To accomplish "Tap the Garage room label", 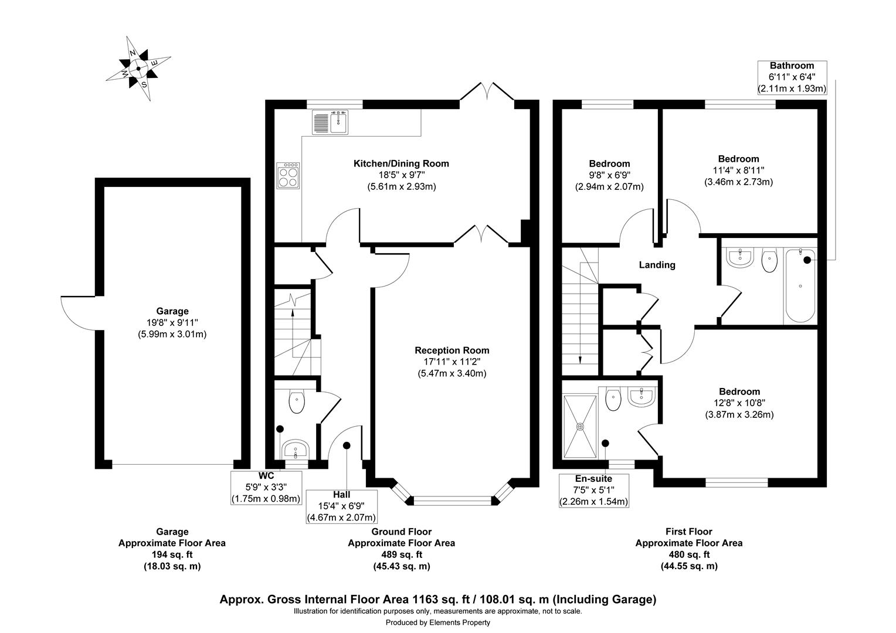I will click(x=172, y=311).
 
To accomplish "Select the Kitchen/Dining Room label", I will click(x=401, y=164).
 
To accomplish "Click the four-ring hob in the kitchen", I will click(x=288, y=175).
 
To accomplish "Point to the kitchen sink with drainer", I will click(x=331, y=122).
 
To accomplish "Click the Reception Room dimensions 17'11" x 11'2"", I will click(x=452, y=362).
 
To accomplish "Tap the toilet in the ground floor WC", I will click(x=297, y=402).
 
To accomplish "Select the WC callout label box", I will click(x=266, y=487).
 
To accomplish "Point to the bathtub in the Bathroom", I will click(x=800, y=285).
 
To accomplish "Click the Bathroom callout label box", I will click(x=792, y=77).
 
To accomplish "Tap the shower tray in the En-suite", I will click(x=581, y=427).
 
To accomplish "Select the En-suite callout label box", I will click(x=595, y=490).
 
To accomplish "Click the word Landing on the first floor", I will click(x=657, y=265).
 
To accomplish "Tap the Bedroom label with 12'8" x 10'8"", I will click(x=739, y=392).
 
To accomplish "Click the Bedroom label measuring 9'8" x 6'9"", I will click(x=609, y=164).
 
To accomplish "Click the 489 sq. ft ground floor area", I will click(x=401, y=554).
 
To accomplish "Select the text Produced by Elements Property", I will click(x=437, y=622).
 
